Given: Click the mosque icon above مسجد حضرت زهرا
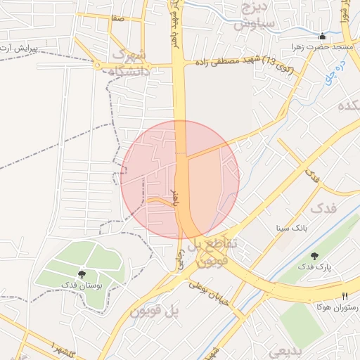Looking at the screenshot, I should [322, 37].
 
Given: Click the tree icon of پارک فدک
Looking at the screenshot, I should [314, 257].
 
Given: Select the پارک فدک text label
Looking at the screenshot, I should [314, 267].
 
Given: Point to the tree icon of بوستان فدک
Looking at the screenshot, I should [83, 274].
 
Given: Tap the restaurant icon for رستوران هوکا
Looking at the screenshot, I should [345, 297].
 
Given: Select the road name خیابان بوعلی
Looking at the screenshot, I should [208, 292].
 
